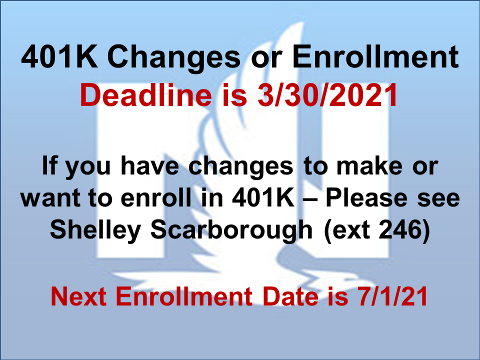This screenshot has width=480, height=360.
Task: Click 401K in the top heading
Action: [59, 57]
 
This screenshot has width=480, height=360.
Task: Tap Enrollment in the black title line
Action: [375, 57]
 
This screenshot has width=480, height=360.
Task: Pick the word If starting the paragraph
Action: [49, 165]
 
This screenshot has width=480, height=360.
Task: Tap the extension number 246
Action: [400, 229]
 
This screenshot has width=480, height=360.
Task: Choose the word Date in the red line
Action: [290, 296]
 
